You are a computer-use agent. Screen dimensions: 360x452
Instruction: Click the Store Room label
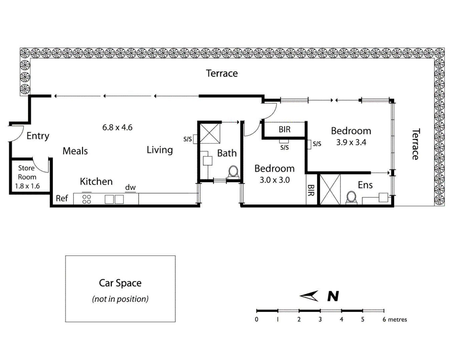27,172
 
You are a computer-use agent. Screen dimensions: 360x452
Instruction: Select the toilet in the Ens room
351,197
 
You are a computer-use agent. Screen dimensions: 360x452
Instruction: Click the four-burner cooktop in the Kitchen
87,199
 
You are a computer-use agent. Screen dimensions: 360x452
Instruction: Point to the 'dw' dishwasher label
130,187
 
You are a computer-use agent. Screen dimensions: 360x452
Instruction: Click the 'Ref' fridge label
62,198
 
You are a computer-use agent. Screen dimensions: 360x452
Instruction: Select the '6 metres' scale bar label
395,319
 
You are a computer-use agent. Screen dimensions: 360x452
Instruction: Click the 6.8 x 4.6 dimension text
117,127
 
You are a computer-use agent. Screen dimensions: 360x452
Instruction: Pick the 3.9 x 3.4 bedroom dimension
351,142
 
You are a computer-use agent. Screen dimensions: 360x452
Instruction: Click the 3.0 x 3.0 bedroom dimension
275,180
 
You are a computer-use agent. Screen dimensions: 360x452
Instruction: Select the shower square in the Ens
330,189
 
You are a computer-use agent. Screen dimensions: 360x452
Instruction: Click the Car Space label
120,283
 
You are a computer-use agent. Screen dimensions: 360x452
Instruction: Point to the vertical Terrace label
415,144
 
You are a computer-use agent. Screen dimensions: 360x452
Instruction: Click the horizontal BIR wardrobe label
285,129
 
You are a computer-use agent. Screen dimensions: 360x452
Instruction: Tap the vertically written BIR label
311,190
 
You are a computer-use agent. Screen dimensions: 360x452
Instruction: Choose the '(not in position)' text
120,299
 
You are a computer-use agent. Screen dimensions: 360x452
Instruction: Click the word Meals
75,151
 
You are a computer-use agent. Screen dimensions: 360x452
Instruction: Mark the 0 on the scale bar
257,319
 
